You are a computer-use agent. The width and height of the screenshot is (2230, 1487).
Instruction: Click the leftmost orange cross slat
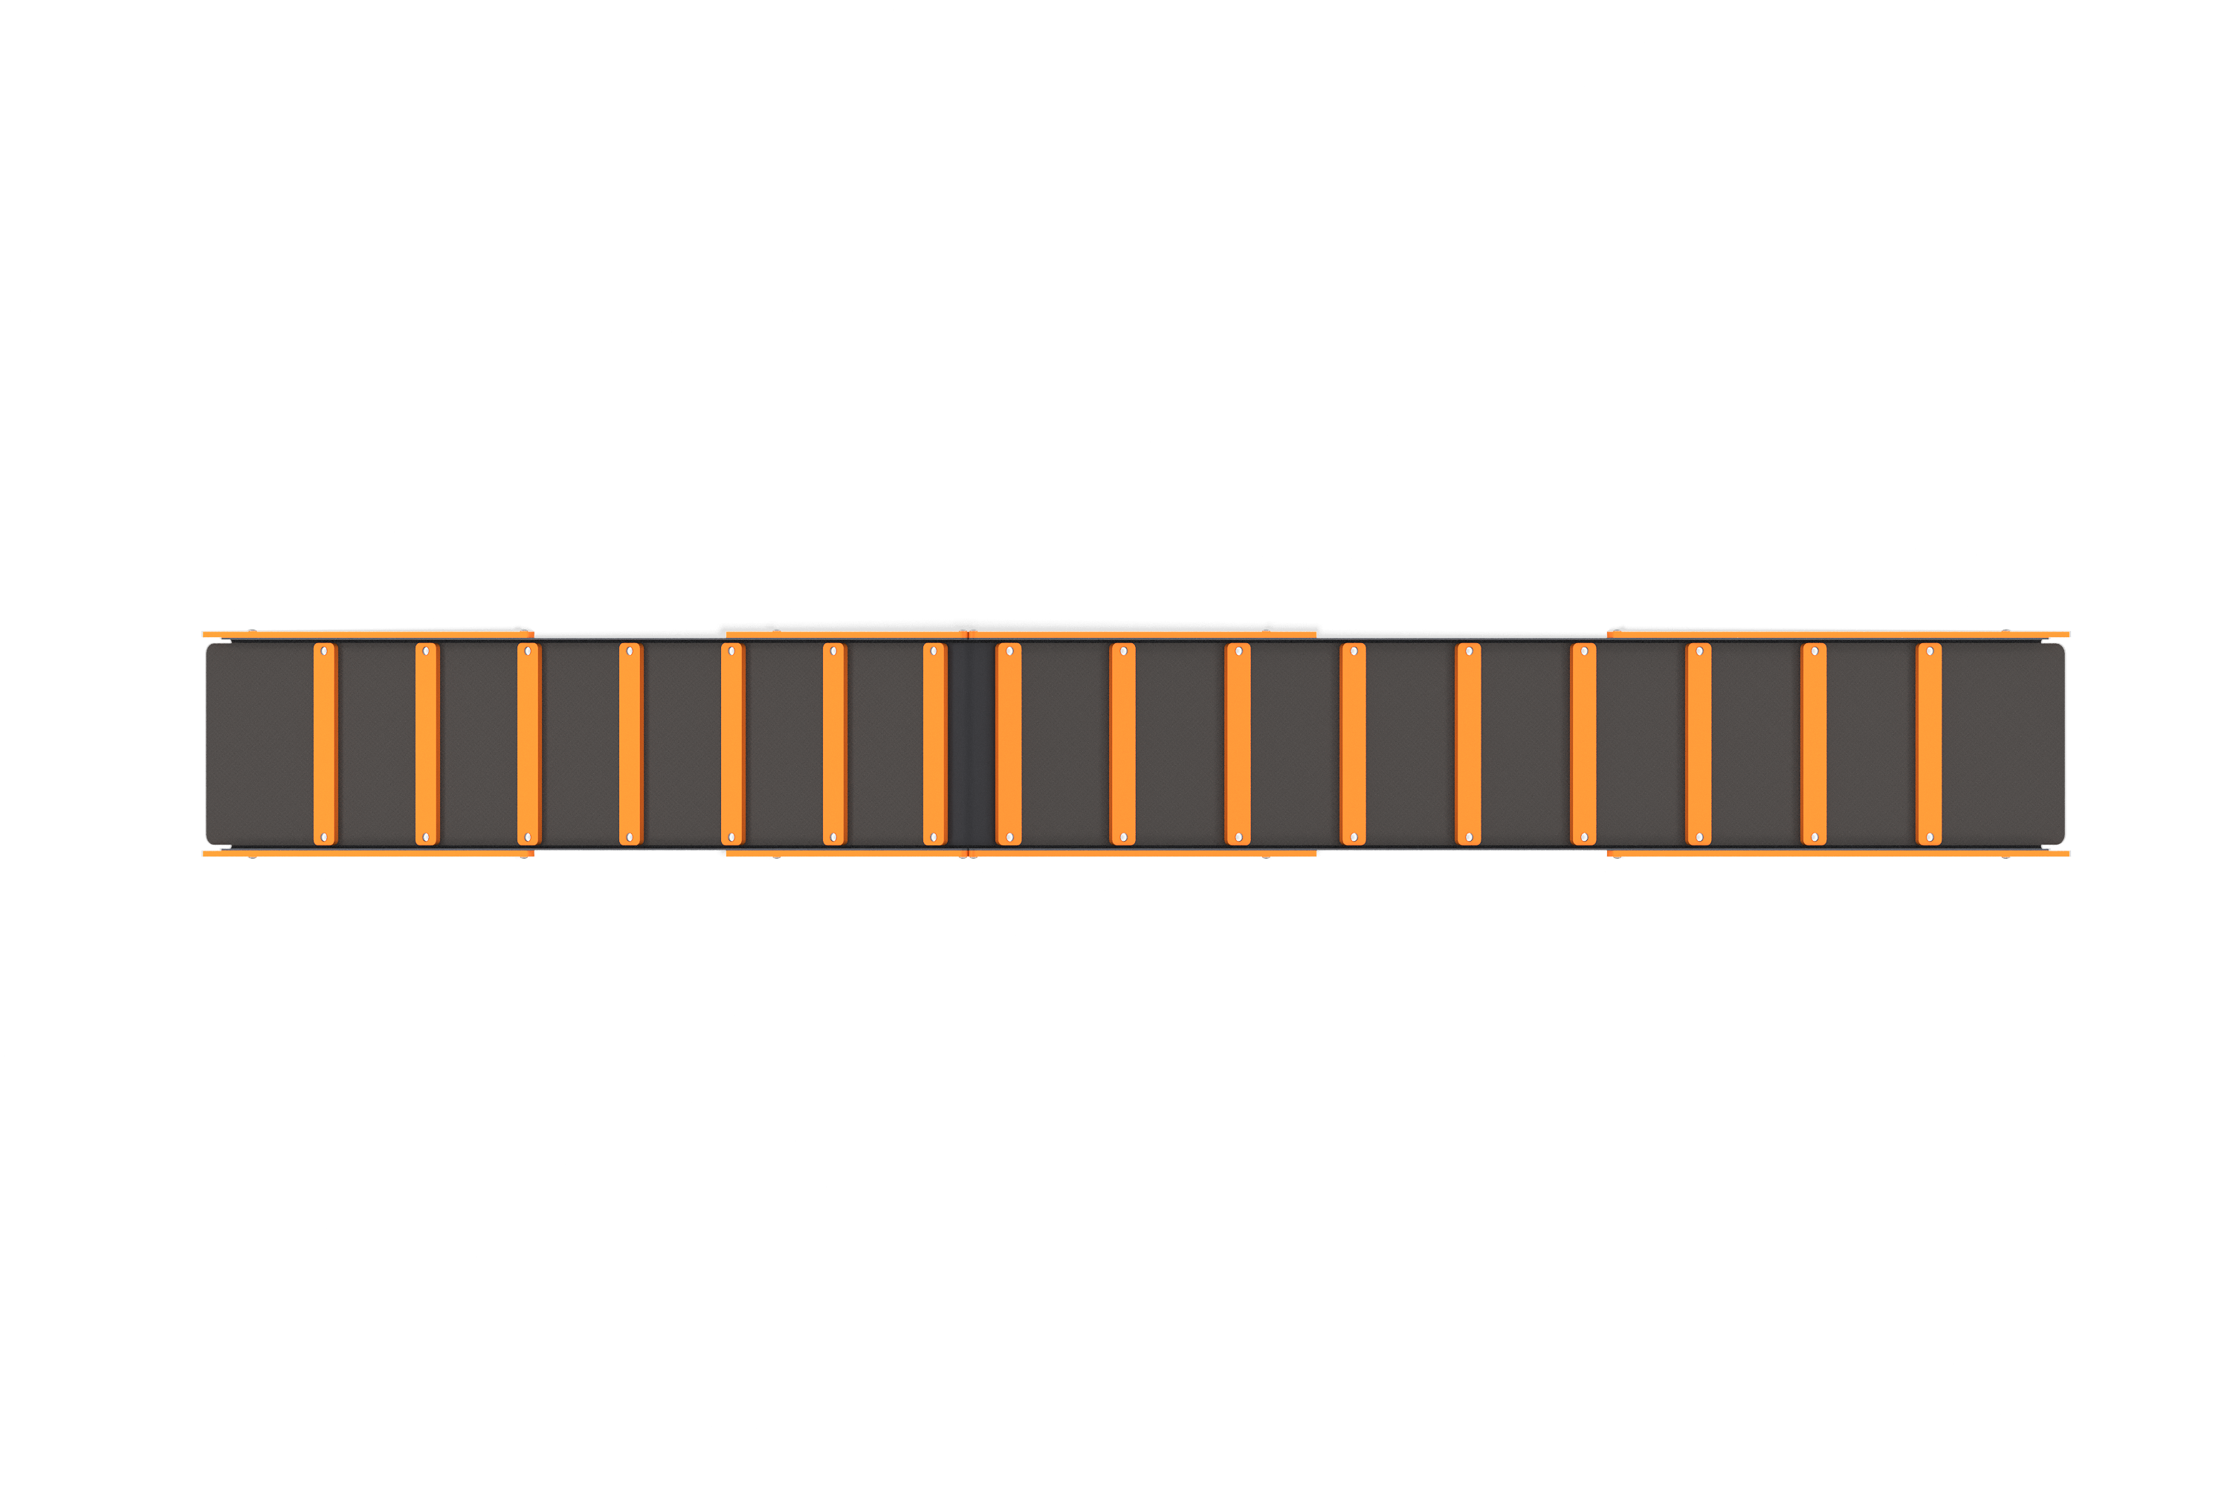324,744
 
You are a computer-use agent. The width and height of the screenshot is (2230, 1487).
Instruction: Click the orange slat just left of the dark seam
934,744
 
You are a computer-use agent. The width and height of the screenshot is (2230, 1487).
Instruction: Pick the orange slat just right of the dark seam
1008,744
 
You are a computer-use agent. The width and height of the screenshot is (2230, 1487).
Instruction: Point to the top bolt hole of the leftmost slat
324,651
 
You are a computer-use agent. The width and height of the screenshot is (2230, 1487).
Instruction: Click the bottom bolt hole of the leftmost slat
324,837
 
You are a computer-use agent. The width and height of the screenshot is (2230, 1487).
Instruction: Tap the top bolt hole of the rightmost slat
1930,651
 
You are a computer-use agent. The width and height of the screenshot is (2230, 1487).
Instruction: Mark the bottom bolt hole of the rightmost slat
1930,837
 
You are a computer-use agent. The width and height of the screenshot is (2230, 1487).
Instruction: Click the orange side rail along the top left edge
368,633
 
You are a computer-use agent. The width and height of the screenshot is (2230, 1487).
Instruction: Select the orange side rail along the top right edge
1839,633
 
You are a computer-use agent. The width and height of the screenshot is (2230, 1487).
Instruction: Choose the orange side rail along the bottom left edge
368,854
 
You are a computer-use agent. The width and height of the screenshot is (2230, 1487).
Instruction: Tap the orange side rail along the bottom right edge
1839,854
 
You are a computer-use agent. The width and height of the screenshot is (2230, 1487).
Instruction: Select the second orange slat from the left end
426,744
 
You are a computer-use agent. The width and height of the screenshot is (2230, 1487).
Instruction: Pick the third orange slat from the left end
528,744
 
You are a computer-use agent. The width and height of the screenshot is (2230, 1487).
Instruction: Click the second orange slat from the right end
1813,744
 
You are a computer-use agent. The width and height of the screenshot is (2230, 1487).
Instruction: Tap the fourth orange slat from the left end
630,744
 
